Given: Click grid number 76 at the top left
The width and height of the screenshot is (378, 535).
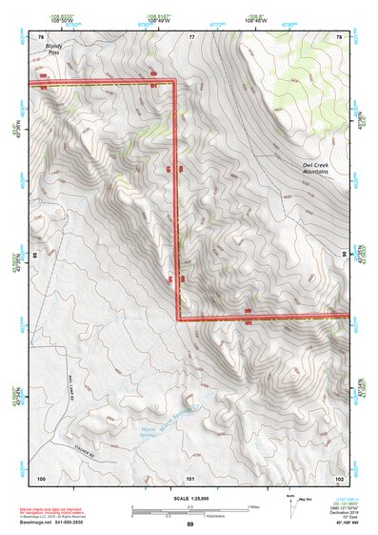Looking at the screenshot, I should (x=41, y=36).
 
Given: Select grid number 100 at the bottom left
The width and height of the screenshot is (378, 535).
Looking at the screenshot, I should (x=41, y=477).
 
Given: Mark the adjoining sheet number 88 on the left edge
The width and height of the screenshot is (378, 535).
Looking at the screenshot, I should (x=35, y=256).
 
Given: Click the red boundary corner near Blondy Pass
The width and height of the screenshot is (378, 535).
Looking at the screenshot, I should (x=176, y=82).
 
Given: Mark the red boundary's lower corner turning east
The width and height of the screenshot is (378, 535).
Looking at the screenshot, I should (x=178, y=317).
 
